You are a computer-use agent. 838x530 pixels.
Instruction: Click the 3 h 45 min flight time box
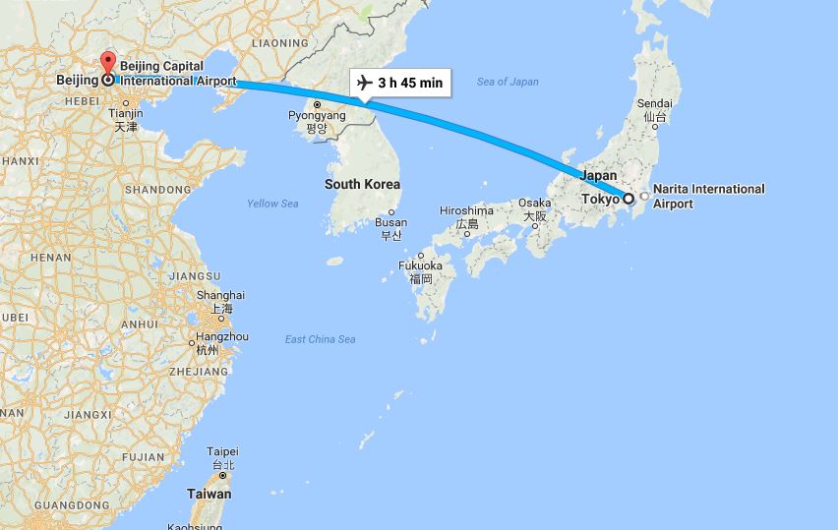(x=400, y=82)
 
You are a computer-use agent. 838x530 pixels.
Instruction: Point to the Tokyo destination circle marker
(x=628, y=199)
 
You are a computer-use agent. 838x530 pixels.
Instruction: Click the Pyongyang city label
(x=317, y=116)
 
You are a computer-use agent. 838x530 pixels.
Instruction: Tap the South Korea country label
(x=362, y=184)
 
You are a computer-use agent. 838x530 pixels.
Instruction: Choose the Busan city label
(x=390, y=222)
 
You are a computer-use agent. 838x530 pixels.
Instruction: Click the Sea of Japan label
(x=507, y=82)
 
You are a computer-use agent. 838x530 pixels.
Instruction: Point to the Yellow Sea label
(x=272, y=204)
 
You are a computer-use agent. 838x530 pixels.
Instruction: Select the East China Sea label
(x=320, y=339)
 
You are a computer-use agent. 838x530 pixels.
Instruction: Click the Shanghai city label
(x=220, y=295)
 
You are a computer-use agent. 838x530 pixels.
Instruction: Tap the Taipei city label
(x=222, y=451)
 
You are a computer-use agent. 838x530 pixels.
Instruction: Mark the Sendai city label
(x=655, y=103)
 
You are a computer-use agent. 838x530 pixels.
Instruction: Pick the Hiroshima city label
(x=466, y=210)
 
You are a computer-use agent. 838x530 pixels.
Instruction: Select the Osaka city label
(x=535, y=203)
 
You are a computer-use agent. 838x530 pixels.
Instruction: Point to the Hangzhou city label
(x=221, y=337)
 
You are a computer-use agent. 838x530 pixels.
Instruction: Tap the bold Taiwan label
(x=209, y=494)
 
